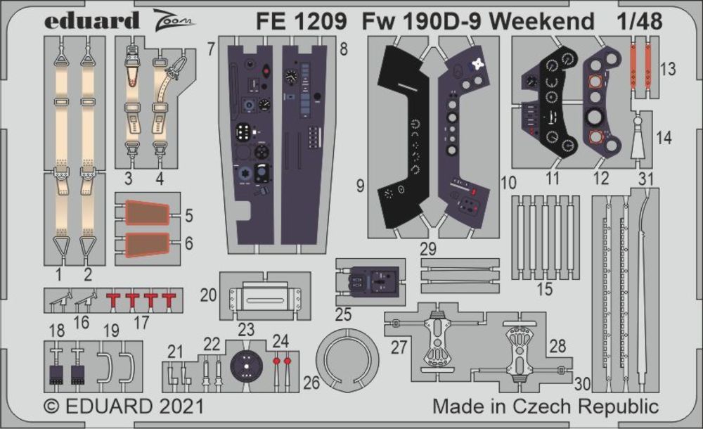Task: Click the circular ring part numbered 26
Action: tap(347, 361)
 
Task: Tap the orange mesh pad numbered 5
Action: tap(146, 212)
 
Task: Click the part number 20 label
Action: tap(208, 295)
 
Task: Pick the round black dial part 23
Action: tap(245, 364)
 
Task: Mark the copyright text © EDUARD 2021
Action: tap(124, 406)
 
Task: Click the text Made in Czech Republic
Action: tap(546, 406)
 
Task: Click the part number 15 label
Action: tap(544, 288)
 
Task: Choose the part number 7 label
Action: tap(210, 49)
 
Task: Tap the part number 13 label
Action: tap(669, 69)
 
